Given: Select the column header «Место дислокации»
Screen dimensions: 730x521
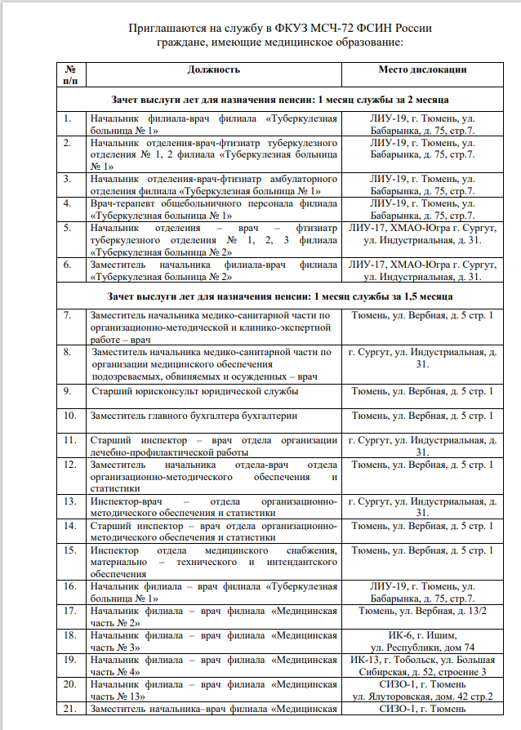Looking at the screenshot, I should (422, 70).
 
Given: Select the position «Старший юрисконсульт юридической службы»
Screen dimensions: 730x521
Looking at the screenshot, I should (194, 392).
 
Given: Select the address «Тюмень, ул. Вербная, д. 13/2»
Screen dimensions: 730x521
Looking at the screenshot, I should (422, 612).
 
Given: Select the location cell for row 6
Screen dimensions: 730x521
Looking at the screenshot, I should (422, 270).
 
